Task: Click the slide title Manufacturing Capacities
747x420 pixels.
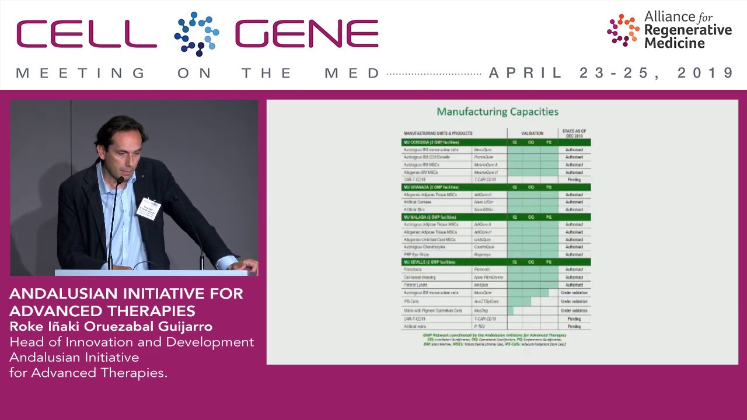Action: (x=497, y=111)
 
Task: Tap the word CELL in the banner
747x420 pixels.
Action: (x=86, y=34)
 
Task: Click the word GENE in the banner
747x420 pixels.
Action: (x=307, y=34)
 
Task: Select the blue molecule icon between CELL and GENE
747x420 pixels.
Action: (x=196, y=33)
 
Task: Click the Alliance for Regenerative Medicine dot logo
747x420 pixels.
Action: (x=623, y=30)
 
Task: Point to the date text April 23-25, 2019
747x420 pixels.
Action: (x=611, y=73)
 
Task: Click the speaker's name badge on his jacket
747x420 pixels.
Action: (x=148, y=208)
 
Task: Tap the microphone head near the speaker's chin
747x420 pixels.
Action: (x=120, y=181)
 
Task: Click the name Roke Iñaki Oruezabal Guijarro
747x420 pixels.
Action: (x=111, y=327)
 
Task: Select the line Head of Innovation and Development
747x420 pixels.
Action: (x=132, y=342)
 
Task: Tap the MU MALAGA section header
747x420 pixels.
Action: (x=429, y=217)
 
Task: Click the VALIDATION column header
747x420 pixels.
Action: (x=532, y=133)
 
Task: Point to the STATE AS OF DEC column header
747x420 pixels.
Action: (x=574, y=133)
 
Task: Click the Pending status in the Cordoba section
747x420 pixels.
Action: (x=574, y=180)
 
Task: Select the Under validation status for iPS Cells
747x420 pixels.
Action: (x=574, y=302)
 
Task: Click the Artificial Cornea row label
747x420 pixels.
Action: (x=417, y=202)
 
